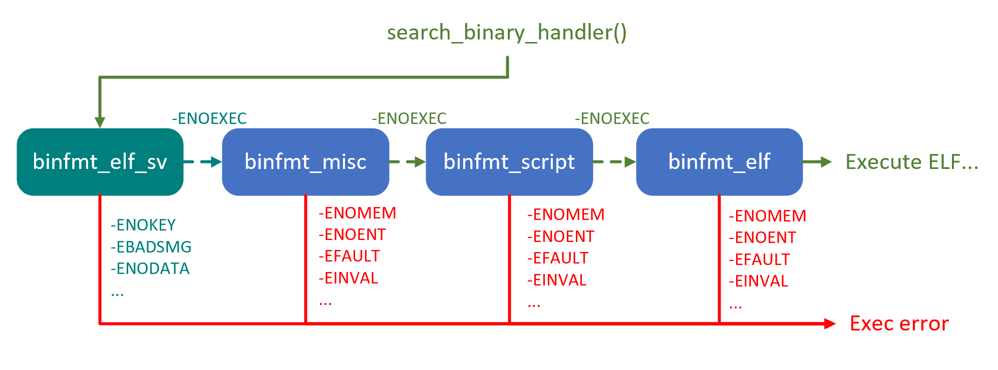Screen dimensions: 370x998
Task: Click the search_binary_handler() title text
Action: tap(507, 32)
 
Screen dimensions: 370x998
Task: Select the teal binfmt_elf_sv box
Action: tap(100, 161)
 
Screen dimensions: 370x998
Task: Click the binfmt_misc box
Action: tap(305, 161)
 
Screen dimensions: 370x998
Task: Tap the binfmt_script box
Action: tap(509, 161)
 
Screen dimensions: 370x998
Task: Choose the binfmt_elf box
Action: tap(719, 161)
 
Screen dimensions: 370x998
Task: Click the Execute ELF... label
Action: tap(912, 162)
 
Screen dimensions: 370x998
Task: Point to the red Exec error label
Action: tap(899, 323)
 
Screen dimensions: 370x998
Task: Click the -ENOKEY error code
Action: tap(143, 225)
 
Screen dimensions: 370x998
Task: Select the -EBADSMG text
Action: tap(151, 246)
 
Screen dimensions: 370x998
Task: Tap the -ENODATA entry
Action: tap(150, 268)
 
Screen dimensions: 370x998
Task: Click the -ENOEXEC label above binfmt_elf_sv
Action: tap(209, 118)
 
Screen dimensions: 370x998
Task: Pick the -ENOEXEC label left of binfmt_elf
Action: tap(612, 118)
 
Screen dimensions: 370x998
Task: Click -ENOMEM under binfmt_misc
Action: tap(358, 213)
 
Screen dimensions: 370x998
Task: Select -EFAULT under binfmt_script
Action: tap(558, 258)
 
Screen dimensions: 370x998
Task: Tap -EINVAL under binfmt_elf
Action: tap(759, 281)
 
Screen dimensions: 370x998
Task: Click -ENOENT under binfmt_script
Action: tap(561, 236)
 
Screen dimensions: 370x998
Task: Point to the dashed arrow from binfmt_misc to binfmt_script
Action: tap(407, 161)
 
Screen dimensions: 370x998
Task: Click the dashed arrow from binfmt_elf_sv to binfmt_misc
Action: tap(203, 161)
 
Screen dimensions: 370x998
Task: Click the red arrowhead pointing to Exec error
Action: tap(830, 323)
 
